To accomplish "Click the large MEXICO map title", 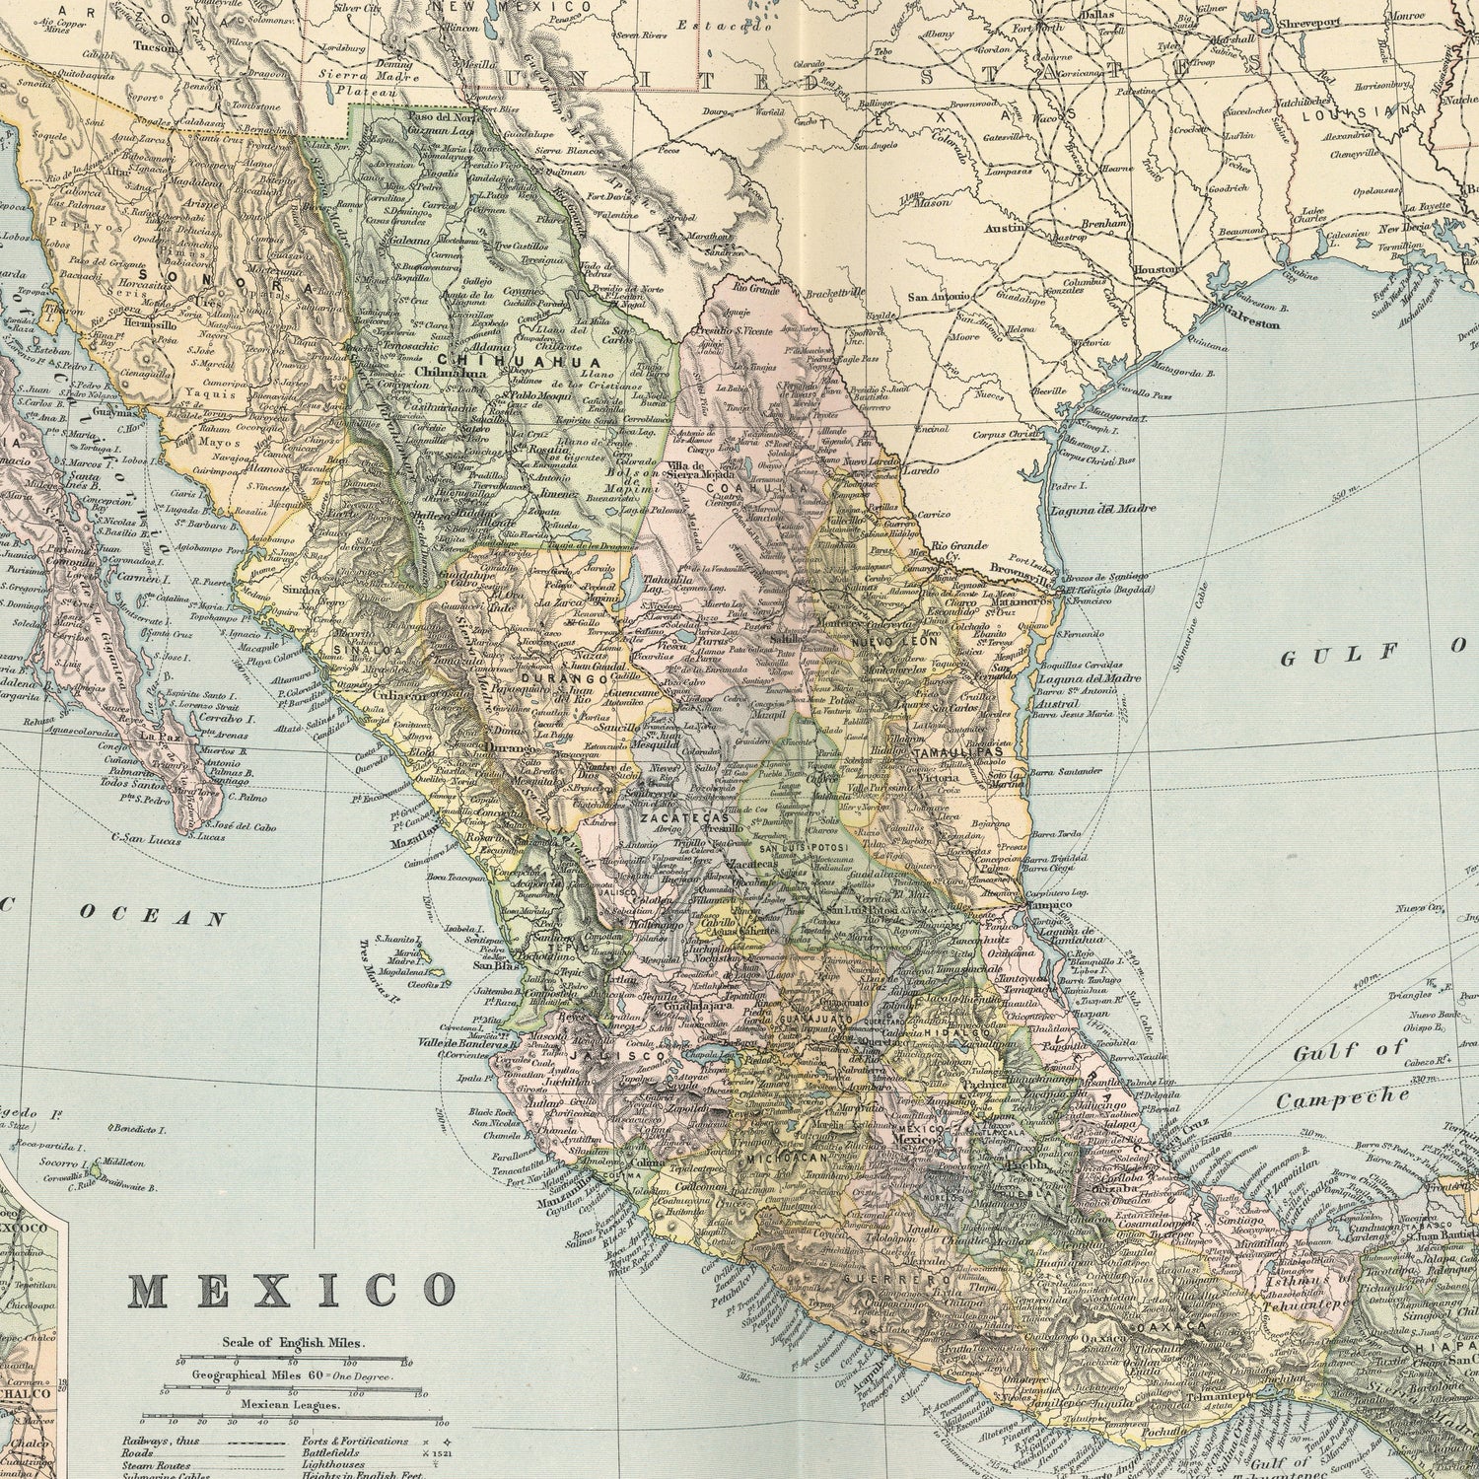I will (x=293, y=1289).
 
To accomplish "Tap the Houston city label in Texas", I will (x=1156, y=269).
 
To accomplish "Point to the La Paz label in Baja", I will (x=158, y=736).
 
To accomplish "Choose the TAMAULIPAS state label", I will (x=957, y=751).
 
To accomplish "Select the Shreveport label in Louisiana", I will (x=1310, y=21).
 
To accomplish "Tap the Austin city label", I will (x=1006, y=228).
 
